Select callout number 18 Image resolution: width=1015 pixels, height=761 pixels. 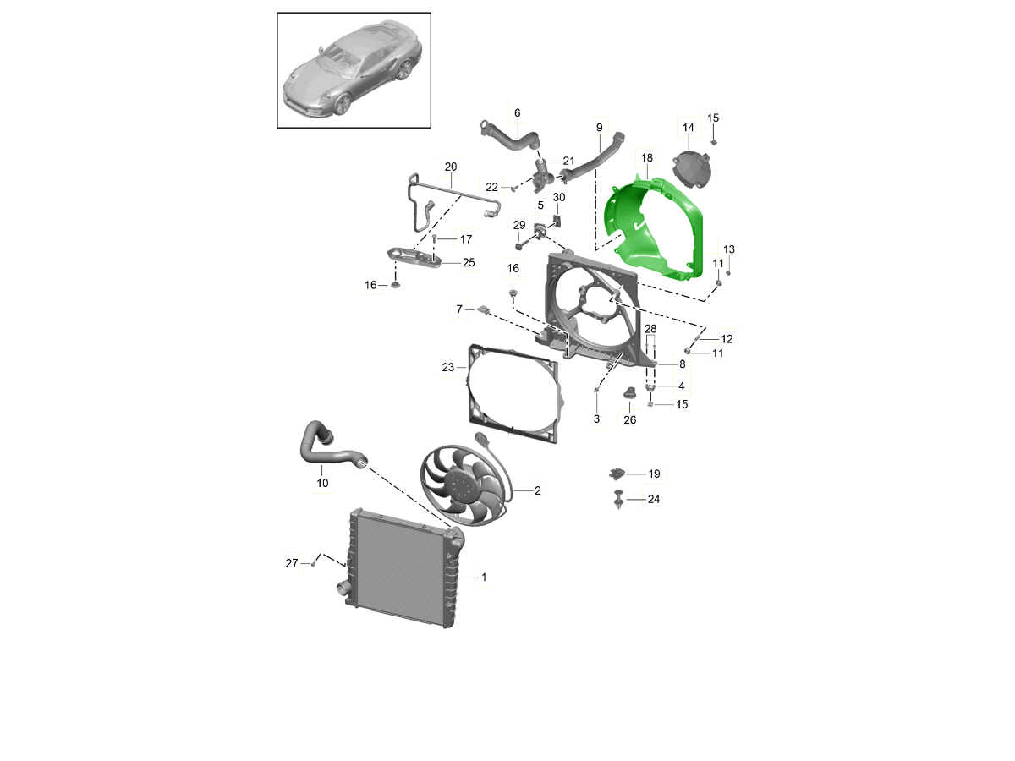[646, 158]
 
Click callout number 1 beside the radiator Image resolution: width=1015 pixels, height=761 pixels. [484, 578]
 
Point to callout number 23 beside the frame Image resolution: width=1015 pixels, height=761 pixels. [447, 367]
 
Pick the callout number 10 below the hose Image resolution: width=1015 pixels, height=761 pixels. [322, 483]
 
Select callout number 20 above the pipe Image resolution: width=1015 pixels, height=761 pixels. [450, 167]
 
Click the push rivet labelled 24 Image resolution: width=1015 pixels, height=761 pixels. [618, 500]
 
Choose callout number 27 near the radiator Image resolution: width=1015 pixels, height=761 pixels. [291, 563]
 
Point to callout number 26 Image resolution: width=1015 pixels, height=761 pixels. [630, 419]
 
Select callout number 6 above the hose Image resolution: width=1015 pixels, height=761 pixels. [517, 112]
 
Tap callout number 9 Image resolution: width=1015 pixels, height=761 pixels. [600, 128]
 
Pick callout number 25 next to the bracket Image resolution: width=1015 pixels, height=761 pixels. [469, 262]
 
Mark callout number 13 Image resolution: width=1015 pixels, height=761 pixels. [729, 249]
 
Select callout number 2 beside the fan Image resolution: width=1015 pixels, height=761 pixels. [537, 490]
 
